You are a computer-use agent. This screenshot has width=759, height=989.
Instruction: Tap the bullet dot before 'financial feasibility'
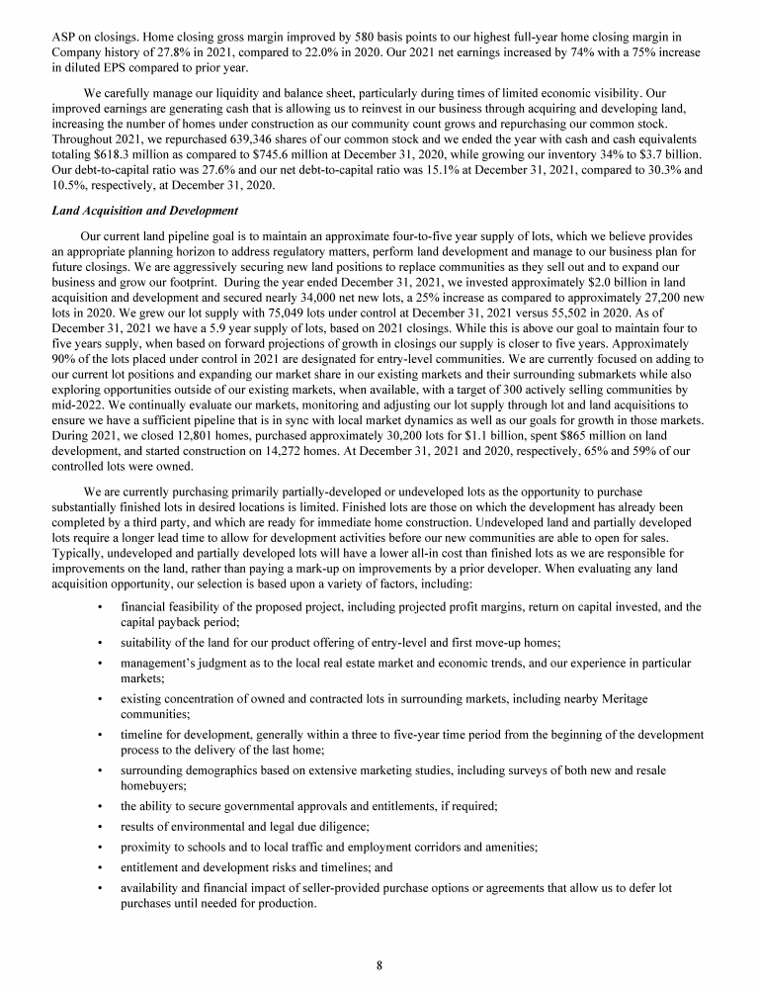coord(102,605)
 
